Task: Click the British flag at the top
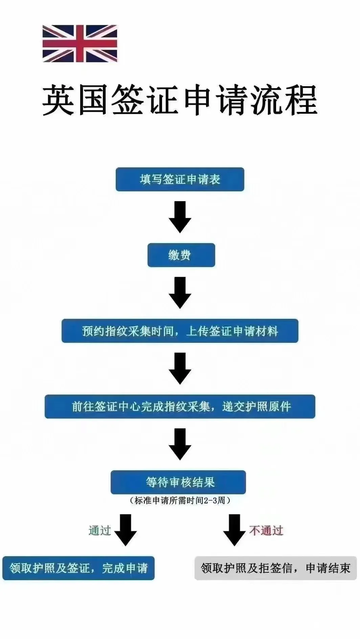80,44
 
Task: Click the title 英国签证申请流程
180,100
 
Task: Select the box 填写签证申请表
180,179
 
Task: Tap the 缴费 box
181,255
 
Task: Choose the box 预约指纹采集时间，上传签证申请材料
180,331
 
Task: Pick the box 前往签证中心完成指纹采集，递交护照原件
180,406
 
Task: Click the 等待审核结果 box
178,482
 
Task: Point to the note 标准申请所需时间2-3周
180,500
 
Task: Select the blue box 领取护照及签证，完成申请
78,568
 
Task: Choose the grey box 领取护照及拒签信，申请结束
275,568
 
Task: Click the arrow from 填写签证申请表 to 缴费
180,217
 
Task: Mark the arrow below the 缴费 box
180,292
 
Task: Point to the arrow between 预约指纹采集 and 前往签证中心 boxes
180,368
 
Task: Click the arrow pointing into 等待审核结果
180,444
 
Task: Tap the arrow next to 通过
126,530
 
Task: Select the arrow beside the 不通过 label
234,530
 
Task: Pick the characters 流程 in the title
284,100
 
